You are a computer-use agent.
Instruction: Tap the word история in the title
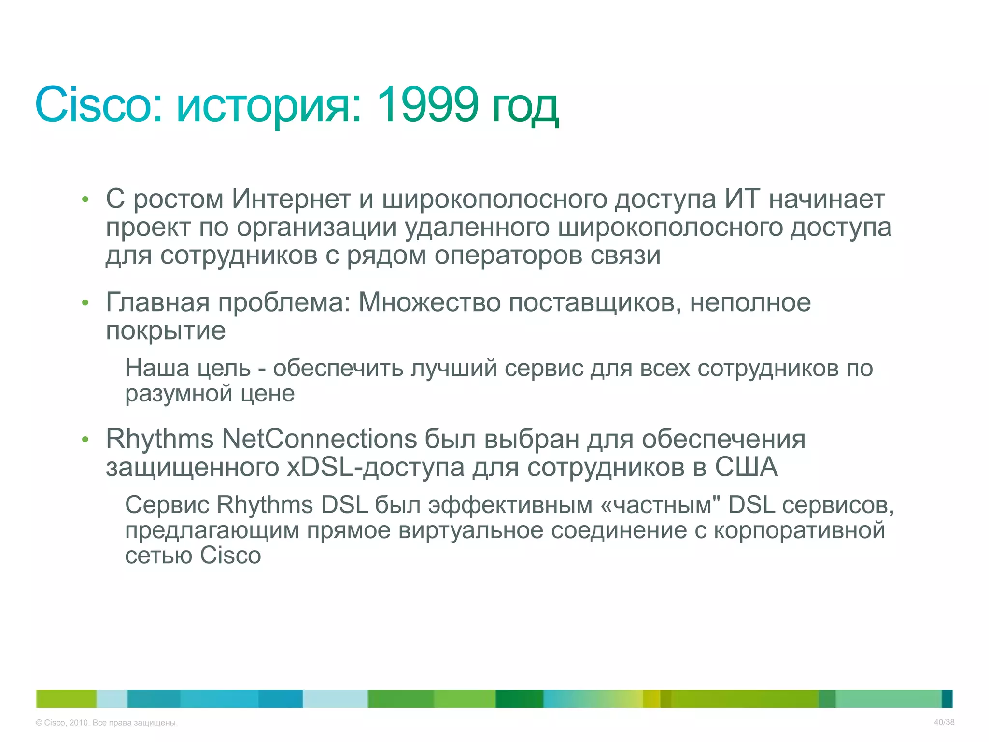coord(268,105)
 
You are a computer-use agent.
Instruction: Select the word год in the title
coord(525,107)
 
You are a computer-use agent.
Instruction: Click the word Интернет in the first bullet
coord(291,199)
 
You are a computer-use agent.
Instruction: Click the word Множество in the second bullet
coord(429,303)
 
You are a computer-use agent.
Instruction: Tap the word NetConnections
coord(319,439)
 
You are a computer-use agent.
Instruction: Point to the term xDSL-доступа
coord(376,468)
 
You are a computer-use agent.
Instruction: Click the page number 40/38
coord(944,722)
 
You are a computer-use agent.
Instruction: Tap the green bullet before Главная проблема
coord(85,303)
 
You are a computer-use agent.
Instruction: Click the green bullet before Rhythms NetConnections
coord(85,440)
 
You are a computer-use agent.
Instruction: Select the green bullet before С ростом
coord(85,200)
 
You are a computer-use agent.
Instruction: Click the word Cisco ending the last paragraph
coord(230,556)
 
